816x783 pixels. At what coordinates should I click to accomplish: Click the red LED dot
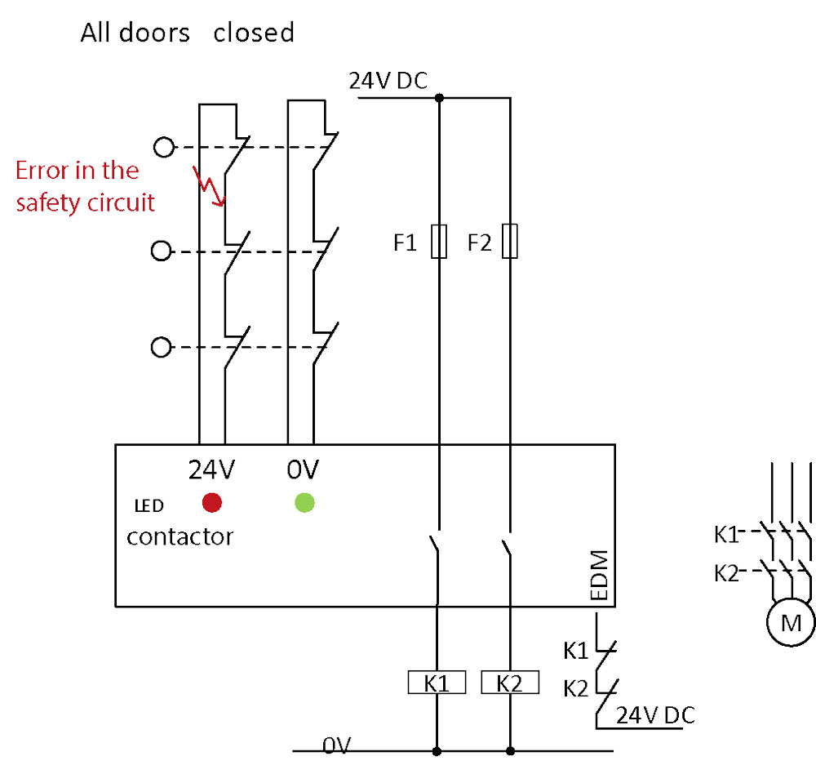[212, 502]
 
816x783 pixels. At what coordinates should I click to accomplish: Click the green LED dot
[304, 502]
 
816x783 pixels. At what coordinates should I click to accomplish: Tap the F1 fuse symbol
[439, 242]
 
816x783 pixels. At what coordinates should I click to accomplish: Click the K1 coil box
[437, 683]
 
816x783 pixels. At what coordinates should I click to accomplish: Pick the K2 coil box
[511, 683]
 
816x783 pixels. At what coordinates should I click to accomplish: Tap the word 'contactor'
[180, 537]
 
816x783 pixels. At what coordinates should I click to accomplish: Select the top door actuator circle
[164, 147]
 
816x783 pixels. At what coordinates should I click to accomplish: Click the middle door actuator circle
[162, 251]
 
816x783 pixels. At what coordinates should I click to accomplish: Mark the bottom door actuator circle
[162, 348]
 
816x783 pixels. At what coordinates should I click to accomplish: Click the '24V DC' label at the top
[388, 81]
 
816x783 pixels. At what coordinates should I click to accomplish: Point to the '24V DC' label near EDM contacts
[655, 715]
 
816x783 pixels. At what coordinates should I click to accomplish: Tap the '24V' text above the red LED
[212, 470]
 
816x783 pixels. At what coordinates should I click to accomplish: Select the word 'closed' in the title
[254, 33]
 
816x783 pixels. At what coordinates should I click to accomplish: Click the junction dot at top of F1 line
[439, 98]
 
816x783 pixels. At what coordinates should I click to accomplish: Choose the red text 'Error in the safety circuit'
[85, 186]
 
